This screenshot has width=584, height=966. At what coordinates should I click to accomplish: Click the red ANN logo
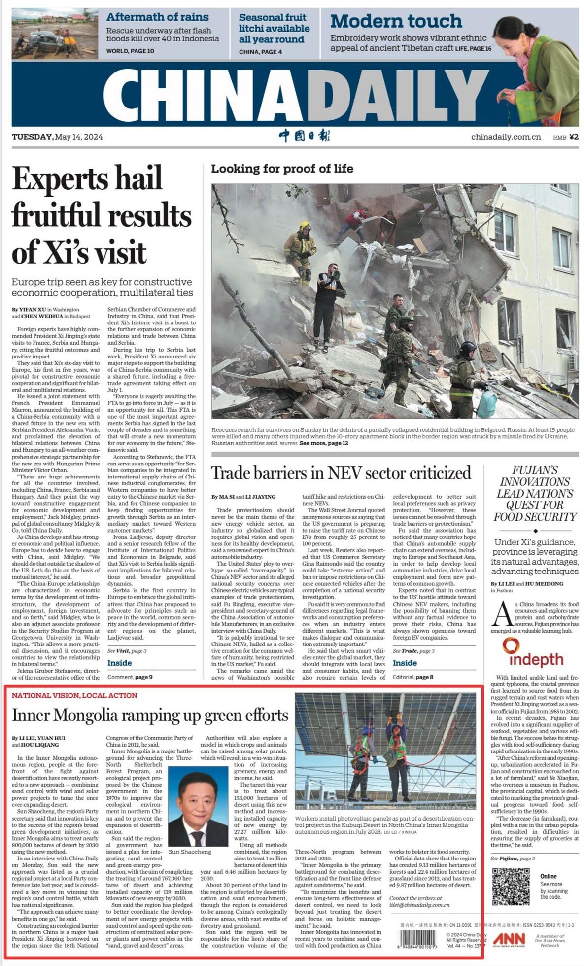509,939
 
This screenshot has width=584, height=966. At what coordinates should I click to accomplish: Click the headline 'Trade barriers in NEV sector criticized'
341,473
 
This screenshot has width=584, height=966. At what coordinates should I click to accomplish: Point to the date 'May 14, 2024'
79,137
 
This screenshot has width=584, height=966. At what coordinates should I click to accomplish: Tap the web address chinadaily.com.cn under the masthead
506,137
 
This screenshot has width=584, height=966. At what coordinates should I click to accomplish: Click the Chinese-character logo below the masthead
304,136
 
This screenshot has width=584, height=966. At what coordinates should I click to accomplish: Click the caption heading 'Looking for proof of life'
282,169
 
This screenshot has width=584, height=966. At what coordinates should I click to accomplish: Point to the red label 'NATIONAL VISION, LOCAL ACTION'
74,695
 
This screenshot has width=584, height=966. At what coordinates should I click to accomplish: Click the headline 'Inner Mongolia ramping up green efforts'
150,715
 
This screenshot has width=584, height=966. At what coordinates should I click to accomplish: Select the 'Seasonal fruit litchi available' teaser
274,28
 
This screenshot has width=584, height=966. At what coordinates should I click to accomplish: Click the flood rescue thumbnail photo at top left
55,34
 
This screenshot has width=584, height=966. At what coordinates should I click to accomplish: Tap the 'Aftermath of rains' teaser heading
157,17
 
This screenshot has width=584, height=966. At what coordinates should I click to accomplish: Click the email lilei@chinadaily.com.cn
419,905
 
